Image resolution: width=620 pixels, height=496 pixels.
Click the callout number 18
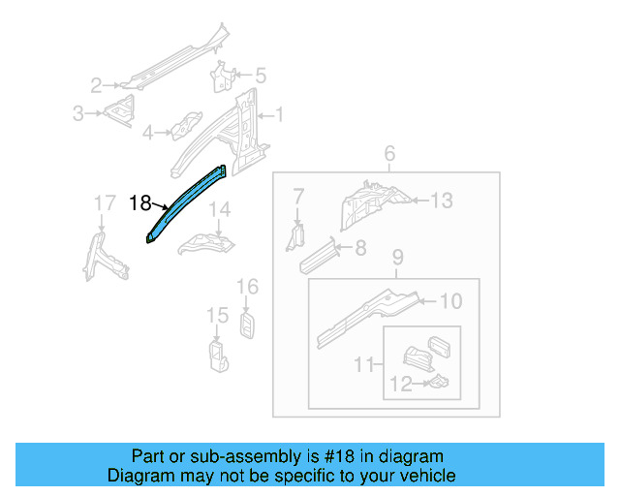[x=139, y=202]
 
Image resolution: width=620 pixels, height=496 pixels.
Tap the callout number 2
[x=96, y=84]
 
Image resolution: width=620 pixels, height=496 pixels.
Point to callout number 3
[x=78, y=114]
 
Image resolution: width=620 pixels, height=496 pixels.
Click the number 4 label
[x=148, y=132]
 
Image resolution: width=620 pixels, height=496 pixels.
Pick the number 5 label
[x=260, y=74]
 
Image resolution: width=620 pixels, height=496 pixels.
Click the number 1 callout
[x=280, y=116]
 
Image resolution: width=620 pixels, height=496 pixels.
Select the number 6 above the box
[x=389, y=154]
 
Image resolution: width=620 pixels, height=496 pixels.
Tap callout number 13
[x=442, y=201]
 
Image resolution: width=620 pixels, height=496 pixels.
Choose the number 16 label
[x=248, y=286]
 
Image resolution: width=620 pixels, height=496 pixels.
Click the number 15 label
[x=217, y=316]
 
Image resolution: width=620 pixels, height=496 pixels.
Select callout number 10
[x=451, y=301]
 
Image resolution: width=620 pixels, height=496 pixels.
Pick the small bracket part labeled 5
[x=223, y=77]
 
